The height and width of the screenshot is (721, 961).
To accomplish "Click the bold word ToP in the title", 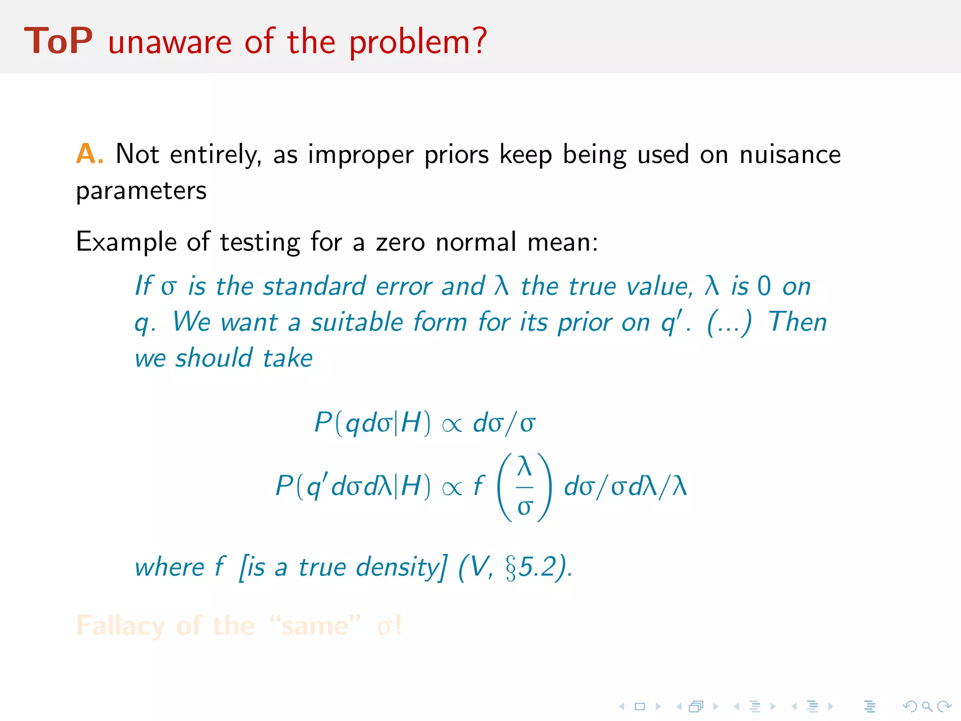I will click(58, 41).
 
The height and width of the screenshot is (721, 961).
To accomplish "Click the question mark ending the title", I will click(480, 41).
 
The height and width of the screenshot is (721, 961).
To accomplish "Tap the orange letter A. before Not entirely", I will click(89, 154).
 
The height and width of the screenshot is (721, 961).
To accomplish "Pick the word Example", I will click(125, 243).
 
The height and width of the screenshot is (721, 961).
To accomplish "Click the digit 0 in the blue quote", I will click(764, 286).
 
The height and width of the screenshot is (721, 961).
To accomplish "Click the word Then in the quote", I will click(797, 322).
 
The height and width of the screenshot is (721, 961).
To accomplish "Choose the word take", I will click(287, 359).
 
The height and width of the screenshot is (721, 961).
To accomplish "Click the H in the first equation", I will click(411, 422).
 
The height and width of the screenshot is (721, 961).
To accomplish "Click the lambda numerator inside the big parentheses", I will click(524, 467).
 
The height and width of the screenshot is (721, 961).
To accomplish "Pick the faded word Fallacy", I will click(121, 626).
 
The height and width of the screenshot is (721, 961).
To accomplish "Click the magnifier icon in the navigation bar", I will click(926, 706).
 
